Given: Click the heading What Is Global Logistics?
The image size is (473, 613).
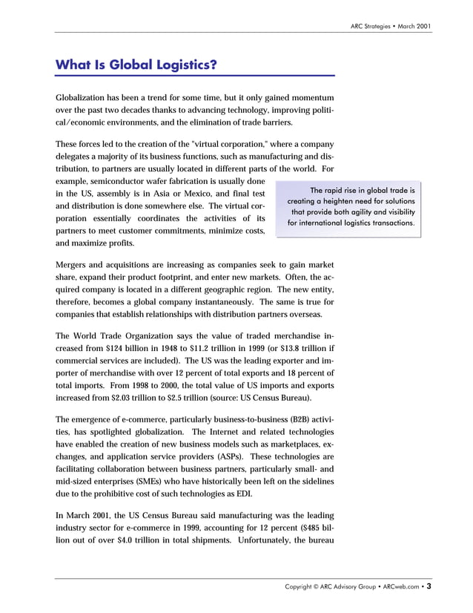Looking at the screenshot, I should [136, 65].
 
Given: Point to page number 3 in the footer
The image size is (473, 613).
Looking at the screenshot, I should [429, 586].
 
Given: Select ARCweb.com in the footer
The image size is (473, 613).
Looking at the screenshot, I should [400, 587].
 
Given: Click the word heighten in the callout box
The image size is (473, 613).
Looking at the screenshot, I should [334, 201].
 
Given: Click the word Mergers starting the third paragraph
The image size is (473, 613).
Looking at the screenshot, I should [73, 264].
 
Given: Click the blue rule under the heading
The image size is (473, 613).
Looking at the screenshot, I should [195, 76].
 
